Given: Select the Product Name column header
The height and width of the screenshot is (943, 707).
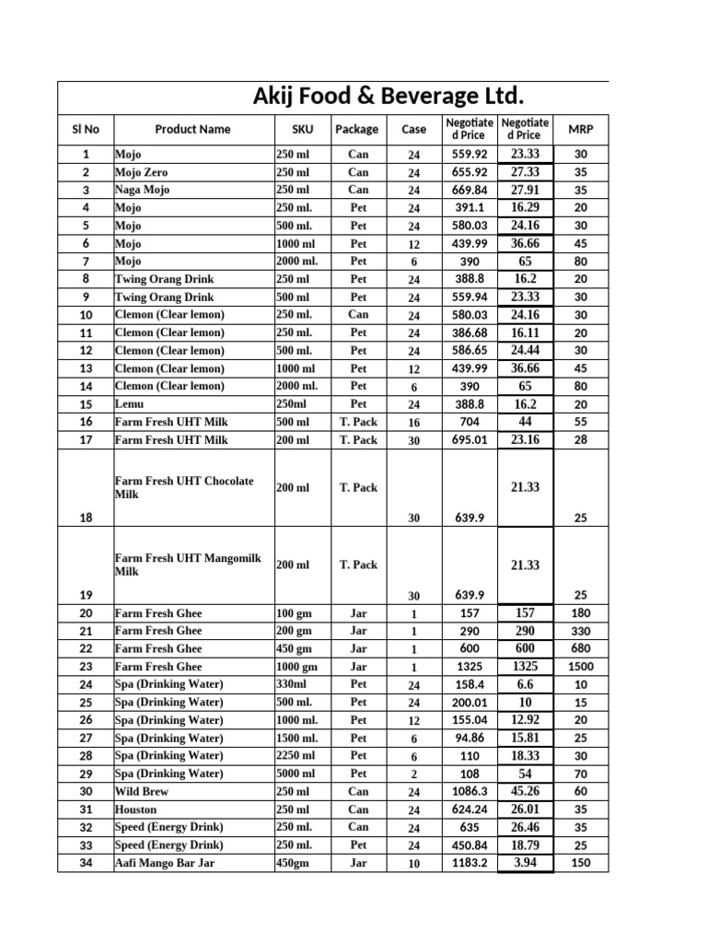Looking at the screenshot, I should (192, 129).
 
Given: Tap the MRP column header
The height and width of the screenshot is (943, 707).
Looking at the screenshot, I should (580, 129).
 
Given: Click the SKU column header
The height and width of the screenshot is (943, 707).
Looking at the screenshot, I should (302, 129).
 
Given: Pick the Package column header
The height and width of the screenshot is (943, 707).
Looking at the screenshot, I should (357, 129).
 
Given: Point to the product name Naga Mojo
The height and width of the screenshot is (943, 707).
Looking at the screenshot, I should (143, 190).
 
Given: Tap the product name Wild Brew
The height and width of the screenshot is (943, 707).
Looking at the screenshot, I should (142, 791).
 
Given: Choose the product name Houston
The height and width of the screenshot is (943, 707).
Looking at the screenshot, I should (135, 809).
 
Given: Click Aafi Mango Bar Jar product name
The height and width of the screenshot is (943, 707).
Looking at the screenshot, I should (165, 863).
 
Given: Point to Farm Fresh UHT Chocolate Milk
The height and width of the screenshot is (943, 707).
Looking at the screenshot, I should (183, 488).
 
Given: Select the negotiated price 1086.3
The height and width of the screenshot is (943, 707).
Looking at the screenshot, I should (469, 791).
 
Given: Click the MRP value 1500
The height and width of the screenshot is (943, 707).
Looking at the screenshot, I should (580, 667).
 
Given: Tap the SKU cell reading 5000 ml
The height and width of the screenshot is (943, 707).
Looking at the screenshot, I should (296, 774).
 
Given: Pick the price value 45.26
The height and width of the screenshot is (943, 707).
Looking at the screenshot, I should (525, 791).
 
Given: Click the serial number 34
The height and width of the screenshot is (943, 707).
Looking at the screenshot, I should (86, 863).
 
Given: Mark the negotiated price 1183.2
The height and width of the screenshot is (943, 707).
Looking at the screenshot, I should (469, 863).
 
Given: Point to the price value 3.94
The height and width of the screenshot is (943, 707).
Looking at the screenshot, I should (525, 863).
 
